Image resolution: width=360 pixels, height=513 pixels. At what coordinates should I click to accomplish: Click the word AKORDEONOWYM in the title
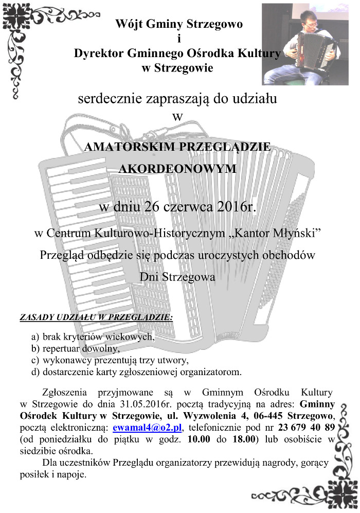178,168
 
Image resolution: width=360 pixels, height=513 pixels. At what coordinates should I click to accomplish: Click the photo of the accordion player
310,44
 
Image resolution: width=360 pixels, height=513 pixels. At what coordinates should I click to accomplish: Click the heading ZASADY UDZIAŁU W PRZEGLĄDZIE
96,317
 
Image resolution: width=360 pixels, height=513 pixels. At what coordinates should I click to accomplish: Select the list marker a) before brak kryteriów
35,338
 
